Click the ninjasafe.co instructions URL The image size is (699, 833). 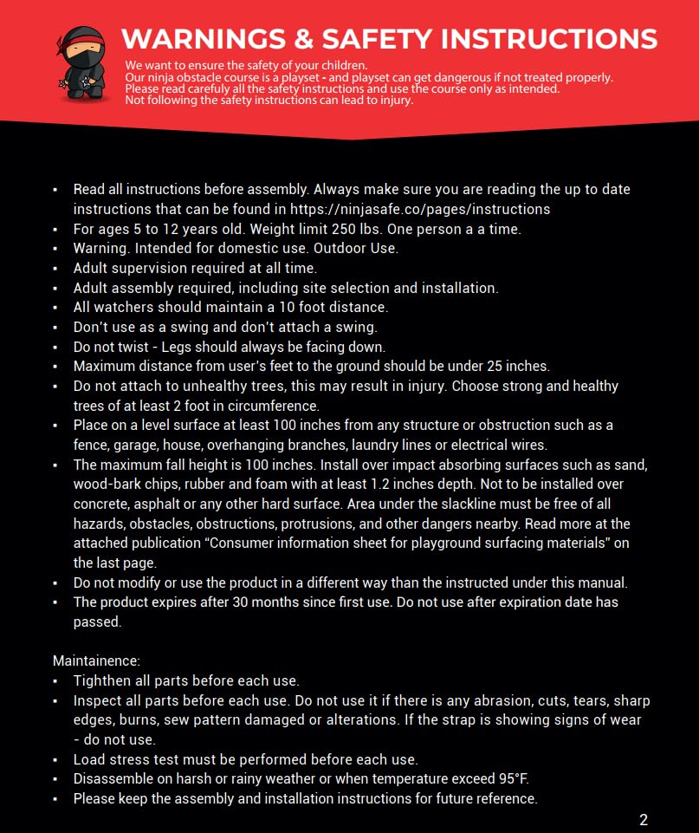419,209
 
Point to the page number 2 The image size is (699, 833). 643,819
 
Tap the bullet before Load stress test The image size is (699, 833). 55,759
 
